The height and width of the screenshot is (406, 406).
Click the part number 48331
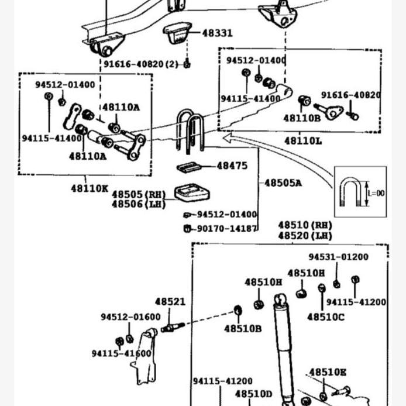point(218,33)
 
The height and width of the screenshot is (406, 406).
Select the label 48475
point(232,166)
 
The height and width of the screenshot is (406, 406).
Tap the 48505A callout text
point(283,183)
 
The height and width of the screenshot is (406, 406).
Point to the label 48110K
point(90,188)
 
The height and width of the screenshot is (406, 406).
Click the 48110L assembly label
point(303,140)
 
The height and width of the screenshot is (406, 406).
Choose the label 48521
point(170,302)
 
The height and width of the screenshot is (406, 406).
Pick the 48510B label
point(243,328)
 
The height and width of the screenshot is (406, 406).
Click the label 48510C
point(326,317)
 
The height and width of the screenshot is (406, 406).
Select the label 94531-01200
point(339,256)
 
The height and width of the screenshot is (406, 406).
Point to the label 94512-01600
point(130,316)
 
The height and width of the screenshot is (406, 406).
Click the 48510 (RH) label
point(305,225)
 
